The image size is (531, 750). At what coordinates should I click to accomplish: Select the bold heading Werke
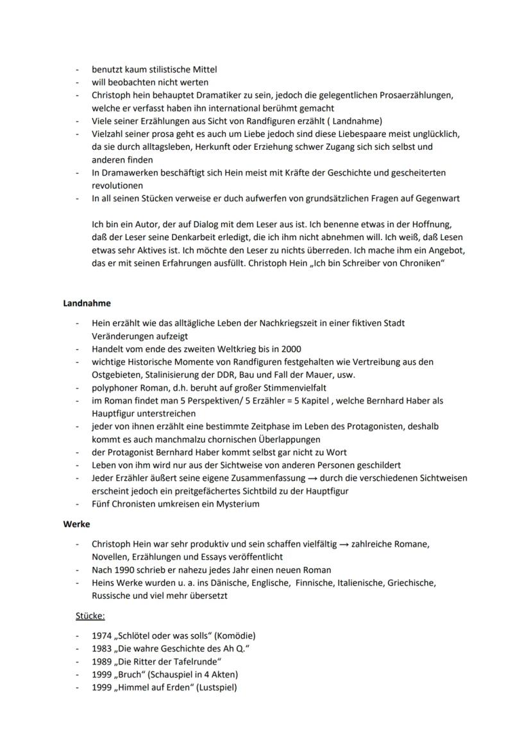pos(76,524)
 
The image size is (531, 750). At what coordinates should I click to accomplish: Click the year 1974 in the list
pos(101,636)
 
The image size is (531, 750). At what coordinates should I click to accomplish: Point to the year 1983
pos(101,649)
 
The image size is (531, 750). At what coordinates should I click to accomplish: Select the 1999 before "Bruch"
pos(101,674)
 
